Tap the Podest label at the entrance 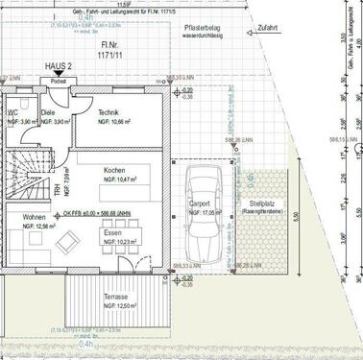[58, 82]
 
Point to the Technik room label [109, 112]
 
